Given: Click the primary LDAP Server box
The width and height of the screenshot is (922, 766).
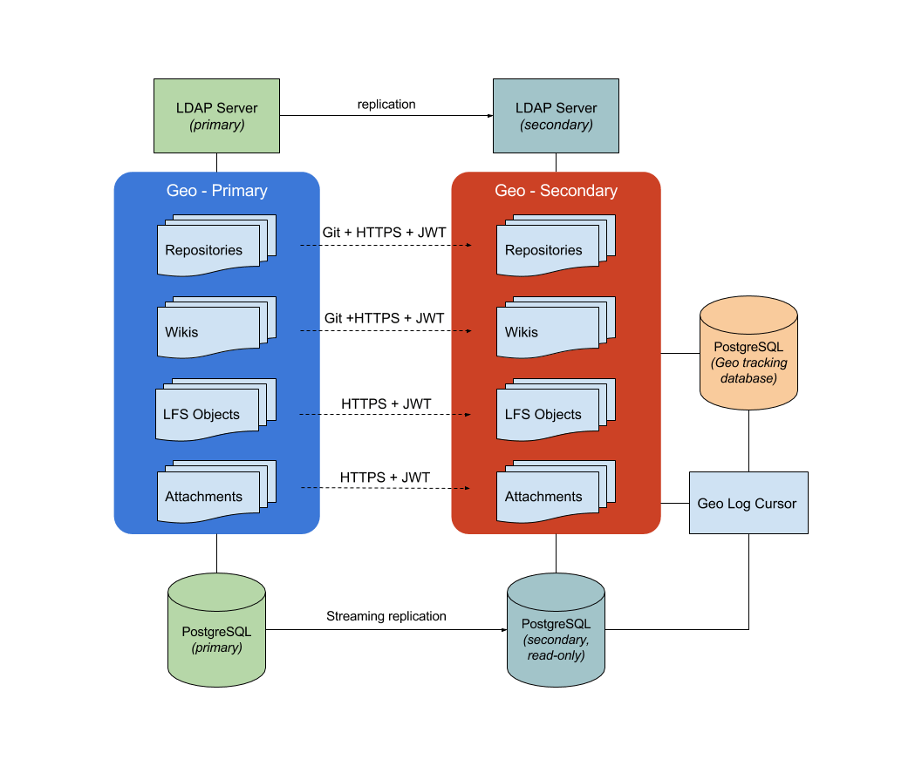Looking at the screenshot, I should coord(216,117).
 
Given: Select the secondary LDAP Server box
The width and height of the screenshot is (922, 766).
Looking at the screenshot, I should coord(556,117).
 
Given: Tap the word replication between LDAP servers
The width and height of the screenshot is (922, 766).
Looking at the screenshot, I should coord(386,105).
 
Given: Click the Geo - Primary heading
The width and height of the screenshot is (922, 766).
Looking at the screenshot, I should coord(216,190).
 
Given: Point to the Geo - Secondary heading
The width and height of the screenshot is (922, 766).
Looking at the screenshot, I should coord(556,190).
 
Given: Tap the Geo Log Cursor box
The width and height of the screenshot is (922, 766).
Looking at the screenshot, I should coord(748,503).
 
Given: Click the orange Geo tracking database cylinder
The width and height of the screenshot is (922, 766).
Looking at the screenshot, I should coord(748,352).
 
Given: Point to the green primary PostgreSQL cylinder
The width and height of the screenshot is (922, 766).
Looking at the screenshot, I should coord(216,632).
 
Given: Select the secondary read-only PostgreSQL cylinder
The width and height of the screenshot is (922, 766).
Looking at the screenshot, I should coord(556,632).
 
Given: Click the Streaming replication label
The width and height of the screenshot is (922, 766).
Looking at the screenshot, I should coord(386,616).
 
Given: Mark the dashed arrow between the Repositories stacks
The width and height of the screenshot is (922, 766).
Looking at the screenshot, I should coord(386,246).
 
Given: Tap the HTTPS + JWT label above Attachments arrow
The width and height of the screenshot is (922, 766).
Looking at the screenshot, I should coord(385,478).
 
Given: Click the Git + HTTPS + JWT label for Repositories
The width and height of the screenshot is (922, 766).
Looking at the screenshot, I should coord(385,232).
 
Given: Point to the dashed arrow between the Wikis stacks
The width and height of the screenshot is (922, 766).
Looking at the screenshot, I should coord(386,331).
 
